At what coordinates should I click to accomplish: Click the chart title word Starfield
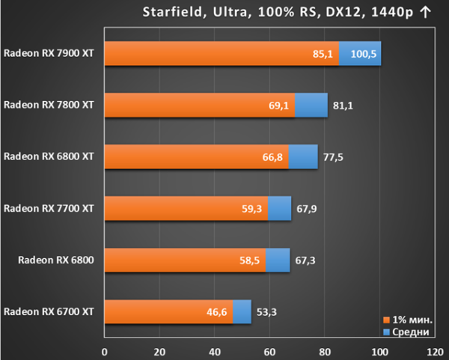pyautogui.click(x=173, y=12)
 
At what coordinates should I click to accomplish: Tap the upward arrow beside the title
pyautogui.click(x=426, y=13)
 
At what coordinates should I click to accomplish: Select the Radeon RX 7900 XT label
pyautogui.click(x=49, y=53)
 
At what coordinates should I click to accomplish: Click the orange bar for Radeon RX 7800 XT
pyautogui.click(x=200, y=105)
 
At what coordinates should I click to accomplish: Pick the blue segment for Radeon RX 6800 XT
pyautogui.click(x=303, y=156)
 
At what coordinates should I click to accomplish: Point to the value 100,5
pyautogui.click(x=364, y=54)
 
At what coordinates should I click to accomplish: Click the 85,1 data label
pyautogui.click(x=323, y=54)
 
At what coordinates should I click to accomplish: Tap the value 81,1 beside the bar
pyautogui.click(x=343, y=106)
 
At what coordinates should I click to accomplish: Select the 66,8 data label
pyautogui.click(x=272, y=157)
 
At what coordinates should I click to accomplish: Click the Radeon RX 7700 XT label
pyautogui.click(x=49, y=208)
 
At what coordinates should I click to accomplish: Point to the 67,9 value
pyautogui.click(x=307, y=209)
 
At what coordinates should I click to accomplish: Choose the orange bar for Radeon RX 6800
pyautogui.click(x=185, y=260)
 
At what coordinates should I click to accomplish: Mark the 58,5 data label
pyautogui.click(x=250, y=260)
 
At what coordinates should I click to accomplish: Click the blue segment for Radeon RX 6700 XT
pyautogui.click(x=242, y=312)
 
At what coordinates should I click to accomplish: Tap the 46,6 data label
pyautogui.click(x=217, y=312)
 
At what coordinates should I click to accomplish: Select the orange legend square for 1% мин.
pyautogui.click(x=387, y=320)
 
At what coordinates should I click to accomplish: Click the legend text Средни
pyautogui.click(x=411, y=332)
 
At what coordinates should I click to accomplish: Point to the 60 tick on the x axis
pyautogui.click(x=269, y=352)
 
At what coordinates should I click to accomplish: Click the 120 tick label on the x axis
pyautogui.click(x=435, y=352)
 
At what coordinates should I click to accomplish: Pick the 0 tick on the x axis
pyautogui.click(x=105, y=352)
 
